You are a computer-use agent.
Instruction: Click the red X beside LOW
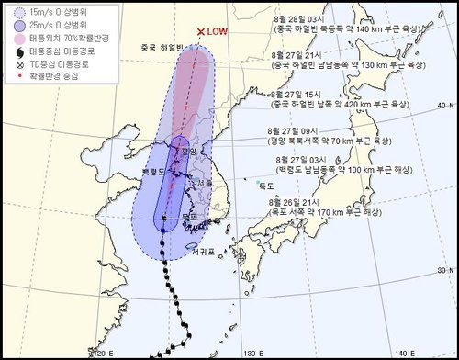pyautogui.click(x=201, y=31)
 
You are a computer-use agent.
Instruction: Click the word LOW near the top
pyautogui.click(x=218, y=31)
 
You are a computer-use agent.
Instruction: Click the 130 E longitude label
pyautogui.click(x=251, y=351)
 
